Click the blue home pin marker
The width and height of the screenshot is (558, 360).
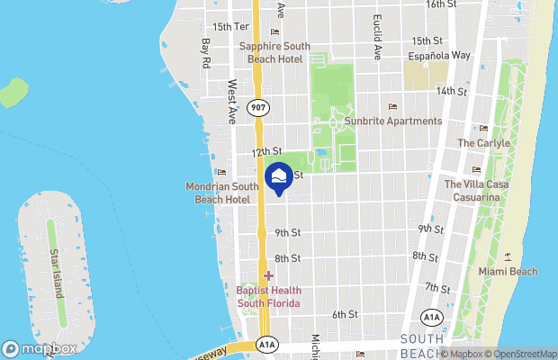coord(279,177)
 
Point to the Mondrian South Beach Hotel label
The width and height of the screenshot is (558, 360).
coord(221,193)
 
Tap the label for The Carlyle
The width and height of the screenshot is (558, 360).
coord(483,143)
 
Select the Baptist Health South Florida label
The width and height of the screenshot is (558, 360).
coord(268,296)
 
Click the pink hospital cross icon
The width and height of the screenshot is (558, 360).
coord(268,275)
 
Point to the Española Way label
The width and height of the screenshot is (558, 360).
coord(440,55)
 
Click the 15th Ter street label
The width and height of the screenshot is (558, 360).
coord(228,27)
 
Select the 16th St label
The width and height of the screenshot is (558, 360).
coord(440,4)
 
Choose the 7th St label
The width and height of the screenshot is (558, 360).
coord(437,287)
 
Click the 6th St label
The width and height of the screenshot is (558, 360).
coord(345,314)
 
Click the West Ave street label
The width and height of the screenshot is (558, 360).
coord(231,100)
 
